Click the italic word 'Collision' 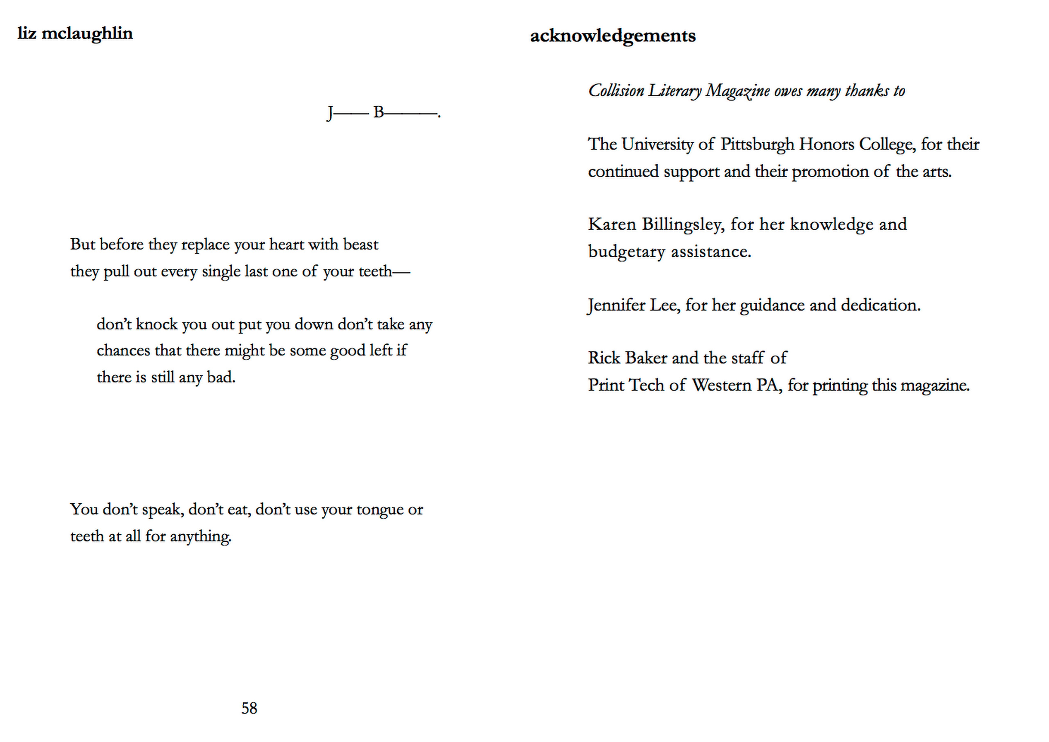616,91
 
